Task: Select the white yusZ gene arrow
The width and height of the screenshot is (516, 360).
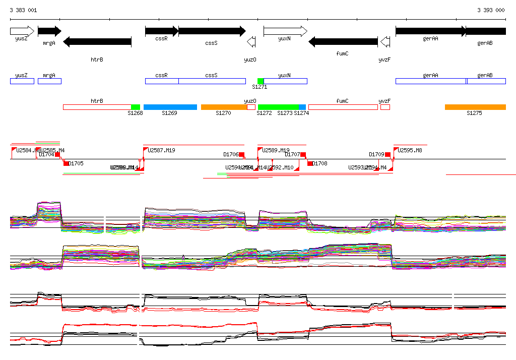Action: (22, 31)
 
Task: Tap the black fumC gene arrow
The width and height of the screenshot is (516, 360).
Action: (343, 42)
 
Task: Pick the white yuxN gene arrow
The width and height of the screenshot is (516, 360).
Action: (285, 31)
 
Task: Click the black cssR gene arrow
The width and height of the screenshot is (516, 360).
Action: (161, 31)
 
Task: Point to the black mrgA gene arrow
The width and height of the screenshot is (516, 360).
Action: (49, 31)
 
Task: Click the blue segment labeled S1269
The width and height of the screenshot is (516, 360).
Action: (170, 107)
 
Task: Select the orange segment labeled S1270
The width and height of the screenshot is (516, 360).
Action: (224, 107)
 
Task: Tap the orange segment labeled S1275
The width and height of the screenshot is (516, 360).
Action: (475, 107)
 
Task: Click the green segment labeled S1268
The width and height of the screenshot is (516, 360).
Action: (135, 107)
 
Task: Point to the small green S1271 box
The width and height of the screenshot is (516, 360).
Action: (261, 81)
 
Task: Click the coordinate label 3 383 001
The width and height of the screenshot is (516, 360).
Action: (23, 10)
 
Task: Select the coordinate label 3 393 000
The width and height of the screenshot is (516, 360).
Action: (491, 10)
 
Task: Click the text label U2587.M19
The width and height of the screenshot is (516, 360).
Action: (162, 150)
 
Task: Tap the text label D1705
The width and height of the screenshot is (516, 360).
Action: (76, 163)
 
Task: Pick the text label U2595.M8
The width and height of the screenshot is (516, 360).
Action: (410, 150)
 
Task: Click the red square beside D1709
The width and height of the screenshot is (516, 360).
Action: (388, 154)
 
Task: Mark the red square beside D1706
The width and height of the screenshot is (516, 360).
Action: (241, 154)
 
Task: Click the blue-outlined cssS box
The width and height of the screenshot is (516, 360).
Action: (212, 81)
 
